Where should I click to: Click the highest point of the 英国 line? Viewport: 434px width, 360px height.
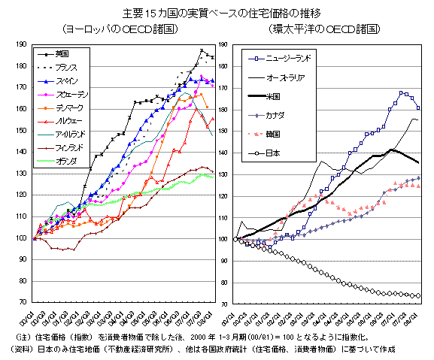[x=201, y=50]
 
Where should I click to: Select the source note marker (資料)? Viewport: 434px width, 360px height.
[x=18, y=349]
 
